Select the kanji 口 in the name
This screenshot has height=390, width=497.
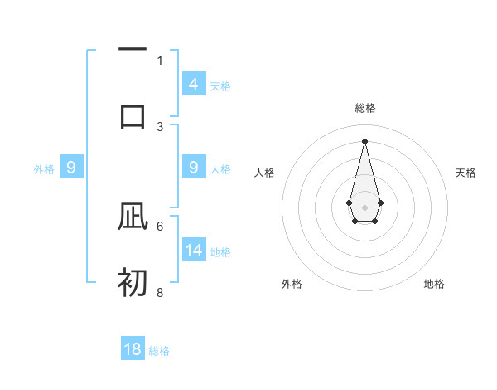point(133,115)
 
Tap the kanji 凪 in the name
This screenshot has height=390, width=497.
point(133,217)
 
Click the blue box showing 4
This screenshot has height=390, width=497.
point(194,84)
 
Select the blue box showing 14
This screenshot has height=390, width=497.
point(194,251)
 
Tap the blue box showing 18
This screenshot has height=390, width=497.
point(133,349)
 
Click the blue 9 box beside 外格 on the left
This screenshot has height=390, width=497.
point(71,168)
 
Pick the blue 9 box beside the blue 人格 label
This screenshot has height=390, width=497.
point(194,168)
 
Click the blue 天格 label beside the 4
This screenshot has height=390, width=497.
point(220,85)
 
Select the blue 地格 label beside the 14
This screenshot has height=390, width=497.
point(220,252)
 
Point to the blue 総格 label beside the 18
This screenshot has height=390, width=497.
point(159,351)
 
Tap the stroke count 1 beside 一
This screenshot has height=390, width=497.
point(160,60)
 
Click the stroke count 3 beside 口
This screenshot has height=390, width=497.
point(160,127)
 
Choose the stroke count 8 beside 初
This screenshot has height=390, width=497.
point(160,293)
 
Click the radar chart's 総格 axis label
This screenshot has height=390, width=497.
point(365,108)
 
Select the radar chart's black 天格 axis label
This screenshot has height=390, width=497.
point(466,173)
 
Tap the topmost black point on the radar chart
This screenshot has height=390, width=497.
point(364,140)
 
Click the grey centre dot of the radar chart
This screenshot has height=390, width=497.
point(364,207)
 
